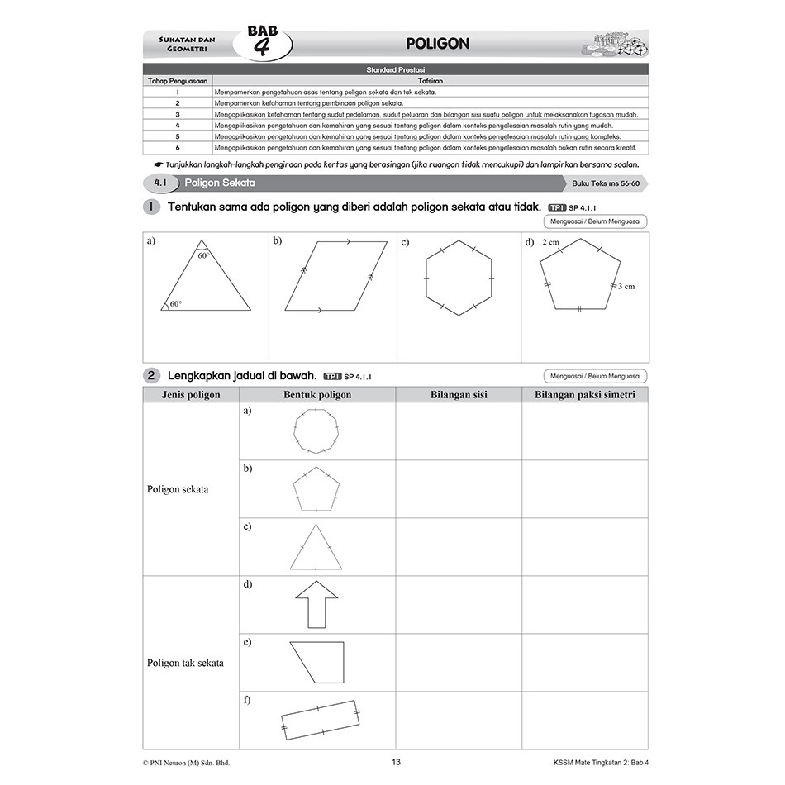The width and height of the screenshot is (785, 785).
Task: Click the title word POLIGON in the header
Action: (x=437, y=44)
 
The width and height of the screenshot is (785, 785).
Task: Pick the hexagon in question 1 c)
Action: (x=459, y=278)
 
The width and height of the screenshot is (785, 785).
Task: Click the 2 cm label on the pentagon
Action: (x=551, y=244)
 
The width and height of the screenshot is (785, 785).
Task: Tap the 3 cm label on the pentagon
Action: (x=626, y=286)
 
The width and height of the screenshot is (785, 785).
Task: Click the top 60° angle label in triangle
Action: (x=204, y=256)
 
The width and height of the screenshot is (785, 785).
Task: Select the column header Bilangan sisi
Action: (x=459, y=395)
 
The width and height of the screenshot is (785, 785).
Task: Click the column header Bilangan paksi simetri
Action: (x=584, y=395)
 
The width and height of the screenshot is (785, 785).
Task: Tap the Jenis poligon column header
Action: (x=191, y=395)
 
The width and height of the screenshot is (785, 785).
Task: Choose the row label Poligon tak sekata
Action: (x=185, y=663)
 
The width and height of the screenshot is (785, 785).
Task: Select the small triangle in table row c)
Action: (x=315, y=548)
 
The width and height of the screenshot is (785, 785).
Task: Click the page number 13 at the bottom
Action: (x=396, y=762)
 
